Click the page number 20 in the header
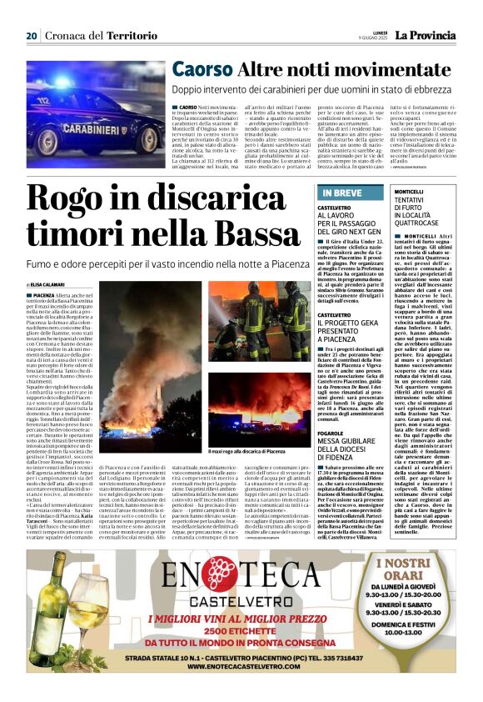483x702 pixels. [32, 36]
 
